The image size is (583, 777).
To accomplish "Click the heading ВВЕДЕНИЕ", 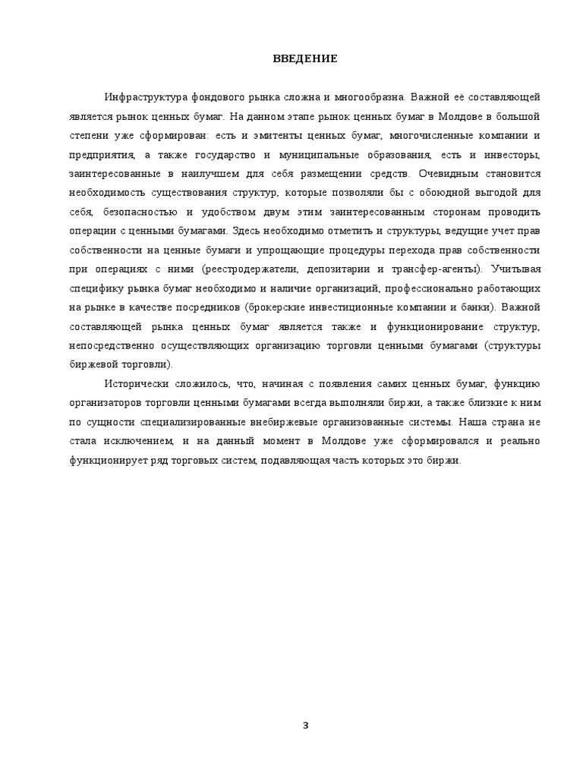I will click(x=305, y=58).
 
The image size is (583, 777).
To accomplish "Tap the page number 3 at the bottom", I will click(x=305, y=725).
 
